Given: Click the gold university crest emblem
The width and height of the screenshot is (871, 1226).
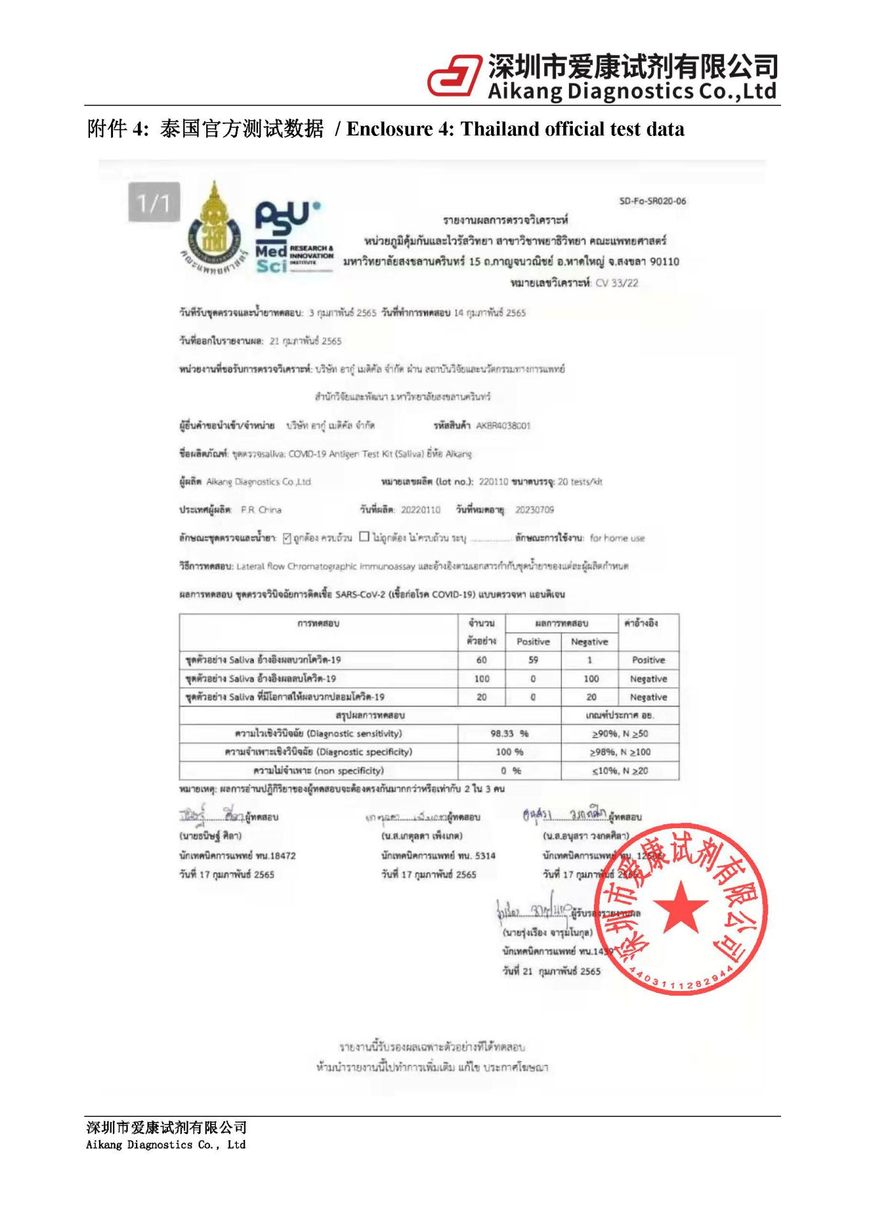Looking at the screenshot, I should tap(215, 227).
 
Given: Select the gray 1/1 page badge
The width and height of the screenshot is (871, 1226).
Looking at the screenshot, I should tap(154, 202).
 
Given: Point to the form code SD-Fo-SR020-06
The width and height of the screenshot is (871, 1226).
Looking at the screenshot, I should tap(653, 201).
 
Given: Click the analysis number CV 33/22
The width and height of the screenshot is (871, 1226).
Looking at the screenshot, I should tap(617, 283).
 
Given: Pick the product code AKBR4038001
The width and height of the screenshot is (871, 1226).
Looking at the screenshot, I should tap(503, 426).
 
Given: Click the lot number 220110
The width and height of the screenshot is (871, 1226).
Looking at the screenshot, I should tap(493, 482).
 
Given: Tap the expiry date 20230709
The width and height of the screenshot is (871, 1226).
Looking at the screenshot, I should tap(534, 510).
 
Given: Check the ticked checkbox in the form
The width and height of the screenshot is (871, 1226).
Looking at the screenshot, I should tap(287, 538).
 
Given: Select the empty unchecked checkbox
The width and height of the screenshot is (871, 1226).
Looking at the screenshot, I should tap(364, 537).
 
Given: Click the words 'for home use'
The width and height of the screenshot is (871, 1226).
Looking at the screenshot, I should tap(617, 538).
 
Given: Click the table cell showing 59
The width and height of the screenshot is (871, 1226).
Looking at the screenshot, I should tap(533, 660).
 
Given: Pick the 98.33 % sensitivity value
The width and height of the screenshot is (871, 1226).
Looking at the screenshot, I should tap(509, 734).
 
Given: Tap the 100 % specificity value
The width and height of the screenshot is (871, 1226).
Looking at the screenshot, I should tap(509, 752).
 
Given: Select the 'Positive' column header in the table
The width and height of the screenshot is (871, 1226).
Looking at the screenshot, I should tap(533, 642).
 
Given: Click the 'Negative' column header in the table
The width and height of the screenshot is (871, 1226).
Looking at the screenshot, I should tap(589, 642).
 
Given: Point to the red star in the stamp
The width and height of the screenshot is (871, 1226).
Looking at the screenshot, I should tap(681, 906).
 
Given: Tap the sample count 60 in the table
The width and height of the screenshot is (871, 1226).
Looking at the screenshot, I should tap(481, 660).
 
